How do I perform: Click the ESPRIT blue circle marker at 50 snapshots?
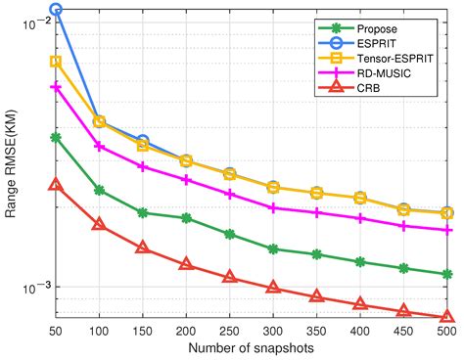click(x=56, y=10)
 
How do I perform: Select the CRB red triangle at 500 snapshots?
click(x=446, y=317)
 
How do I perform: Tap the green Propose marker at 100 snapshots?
click(x=99, y=190)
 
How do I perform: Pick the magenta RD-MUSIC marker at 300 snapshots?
click(x=273, y=207)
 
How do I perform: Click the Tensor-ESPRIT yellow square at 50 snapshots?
click(x=56, y=62)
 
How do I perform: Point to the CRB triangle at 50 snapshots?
click(x=56, y=184)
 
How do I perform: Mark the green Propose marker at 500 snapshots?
click(x=446, y=274)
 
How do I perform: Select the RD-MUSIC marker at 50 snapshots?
click(x=56, y=87)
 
